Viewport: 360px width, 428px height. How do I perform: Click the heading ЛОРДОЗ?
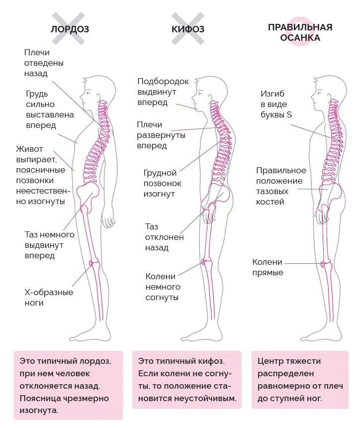pyautogui.click(x=70, y=29)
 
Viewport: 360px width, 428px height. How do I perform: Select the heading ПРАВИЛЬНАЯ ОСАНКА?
pyautogui.click(x=300, y=32)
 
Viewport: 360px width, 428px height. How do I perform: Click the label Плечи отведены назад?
pyautogui.click(x=44, y=63)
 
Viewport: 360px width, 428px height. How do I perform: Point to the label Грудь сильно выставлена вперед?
pyautogui.click(x=50, y=109)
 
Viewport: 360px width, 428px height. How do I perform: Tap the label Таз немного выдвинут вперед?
pyautogui.click(x=49, y=245)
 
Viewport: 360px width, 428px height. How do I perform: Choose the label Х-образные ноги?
pyautogui.click(x=49, y=298)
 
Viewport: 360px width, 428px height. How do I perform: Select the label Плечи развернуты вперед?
pyautogui.click(x=161, y=135)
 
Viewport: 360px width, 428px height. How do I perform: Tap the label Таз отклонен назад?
pyautogui.click(x=165, y=237)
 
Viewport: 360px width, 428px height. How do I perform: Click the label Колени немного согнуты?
pyautogui.click(x=163, y=287)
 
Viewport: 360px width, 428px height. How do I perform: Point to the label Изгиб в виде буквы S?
pyautogui.click(x=276, y=104)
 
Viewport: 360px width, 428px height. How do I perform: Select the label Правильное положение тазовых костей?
pyautogui.click(x=281, y=186)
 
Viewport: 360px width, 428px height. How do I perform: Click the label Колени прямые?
pyautogui.click(x=268, y=267)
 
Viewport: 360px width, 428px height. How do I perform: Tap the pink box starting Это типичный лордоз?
pyautogui.click(x=68, y=385)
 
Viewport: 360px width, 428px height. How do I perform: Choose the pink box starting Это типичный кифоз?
pyautogui.click(x=186, y=379)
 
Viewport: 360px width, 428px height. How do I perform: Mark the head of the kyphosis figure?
pyautogui.click(x=203, y=92)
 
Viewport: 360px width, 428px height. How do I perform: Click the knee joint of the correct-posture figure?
pyautogui.click(x=326, y=262)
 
